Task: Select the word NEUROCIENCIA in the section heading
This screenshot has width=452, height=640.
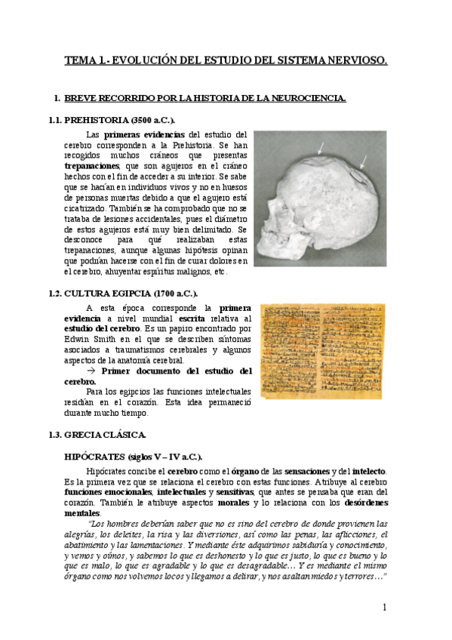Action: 306,98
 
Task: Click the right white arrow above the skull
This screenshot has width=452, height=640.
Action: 364,159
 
